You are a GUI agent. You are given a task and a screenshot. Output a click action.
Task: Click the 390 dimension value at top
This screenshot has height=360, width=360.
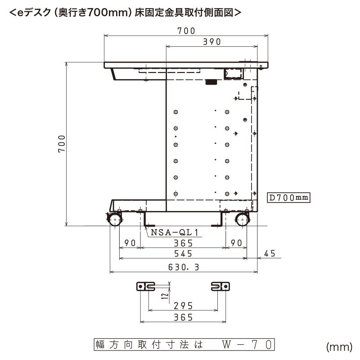point(211,42)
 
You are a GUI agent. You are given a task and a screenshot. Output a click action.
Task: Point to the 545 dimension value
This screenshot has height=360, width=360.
point(183,254)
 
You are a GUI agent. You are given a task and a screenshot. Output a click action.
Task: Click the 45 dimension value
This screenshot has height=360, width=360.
point(270,254)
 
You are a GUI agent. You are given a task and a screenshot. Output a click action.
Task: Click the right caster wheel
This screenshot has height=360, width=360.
point(242,220)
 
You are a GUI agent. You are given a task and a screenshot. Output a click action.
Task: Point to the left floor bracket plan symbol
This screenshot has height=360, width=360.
point(145,286)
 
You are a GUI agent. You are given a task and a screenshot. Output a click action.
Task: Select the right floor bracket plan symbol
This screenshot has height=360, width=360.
point(220,286)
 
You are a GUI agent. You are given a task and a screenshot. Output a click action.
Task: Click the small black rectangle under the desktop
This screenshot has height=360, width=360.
point(210,82)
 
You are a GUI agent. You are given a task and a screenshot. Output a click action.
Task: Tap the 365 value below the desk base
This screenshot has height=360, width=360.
point(183,243)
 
